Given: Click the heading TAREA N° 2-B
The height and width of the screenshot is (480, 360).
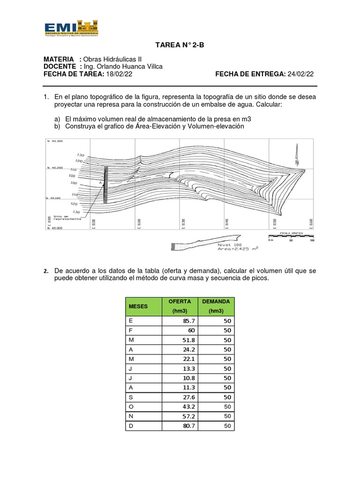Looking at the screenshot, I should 180,45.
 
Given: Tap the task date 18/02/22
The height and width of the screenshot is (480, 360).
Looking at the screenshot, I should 120,74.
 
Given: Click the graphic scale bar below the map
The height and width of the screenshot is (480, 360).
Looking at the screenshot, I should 291,237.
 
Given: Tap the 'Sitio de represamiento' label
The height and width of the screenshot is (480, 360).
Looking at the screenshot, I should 67,217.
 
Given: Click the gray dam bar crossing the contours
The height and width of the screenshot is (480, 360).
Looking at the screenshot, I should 105,185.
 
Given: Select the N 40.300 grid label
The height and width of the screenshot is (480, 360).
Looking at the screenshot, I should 54,141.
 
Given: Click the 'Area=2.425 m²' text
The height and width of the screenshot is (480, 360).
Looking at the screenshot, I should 238,249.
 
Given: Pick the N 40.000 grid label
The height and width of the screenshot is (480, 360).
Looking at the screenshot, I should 54,228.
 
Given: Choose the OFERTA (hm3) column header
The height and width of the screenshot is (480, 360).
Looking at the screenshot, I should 180,306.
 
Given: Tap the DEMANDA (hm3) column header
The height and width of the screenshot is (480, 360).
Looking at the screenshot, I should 216,306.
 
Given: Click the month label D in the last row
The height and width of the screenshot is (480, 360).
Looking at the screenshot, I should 131,426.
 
